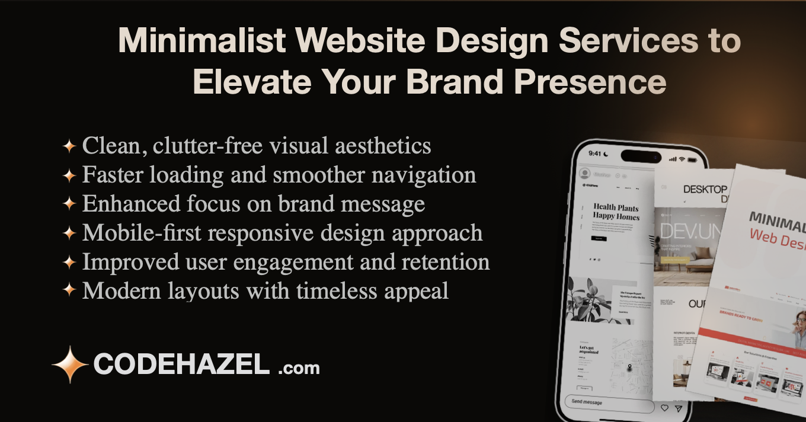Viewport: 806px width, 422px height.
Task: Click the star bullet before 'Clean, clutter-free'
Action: [69, 146]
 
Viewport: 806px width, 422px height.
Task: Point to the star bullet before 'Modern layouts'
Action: [69, 290]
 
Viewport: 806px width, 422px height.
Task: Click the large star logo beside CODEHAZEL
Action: [71, 365]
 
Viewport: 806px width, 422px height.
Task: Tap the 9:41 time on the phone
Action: [595, 154]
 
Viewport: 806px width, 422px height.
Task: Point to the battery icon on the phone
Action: [692, 160]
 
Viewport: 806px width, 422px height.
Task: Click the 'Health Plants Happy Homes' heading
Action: [616, 212]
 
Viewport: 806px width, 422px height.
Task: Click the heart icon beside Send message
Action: [664, 408]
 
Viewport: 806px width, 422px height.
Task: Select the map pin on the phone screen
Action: [629, 367]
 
